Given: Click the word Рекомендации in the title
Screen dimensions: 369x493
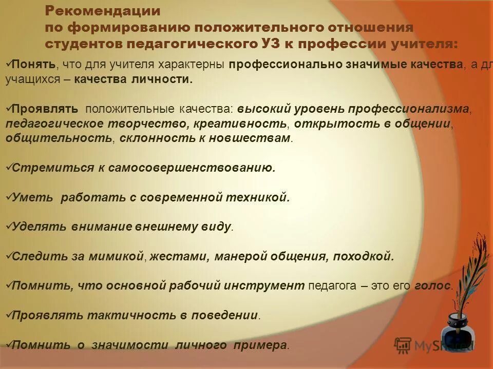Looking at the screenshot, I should (x=103, y=11).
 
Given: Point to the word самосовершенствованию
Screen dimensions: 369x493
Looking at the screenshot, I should (x=191, y=168).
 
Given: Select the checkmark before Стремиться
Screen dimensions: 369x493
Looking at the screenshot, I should (x=8, y=167).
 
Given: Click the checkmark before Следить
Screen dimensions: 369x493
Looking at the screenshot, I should (x=8, y=255).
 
